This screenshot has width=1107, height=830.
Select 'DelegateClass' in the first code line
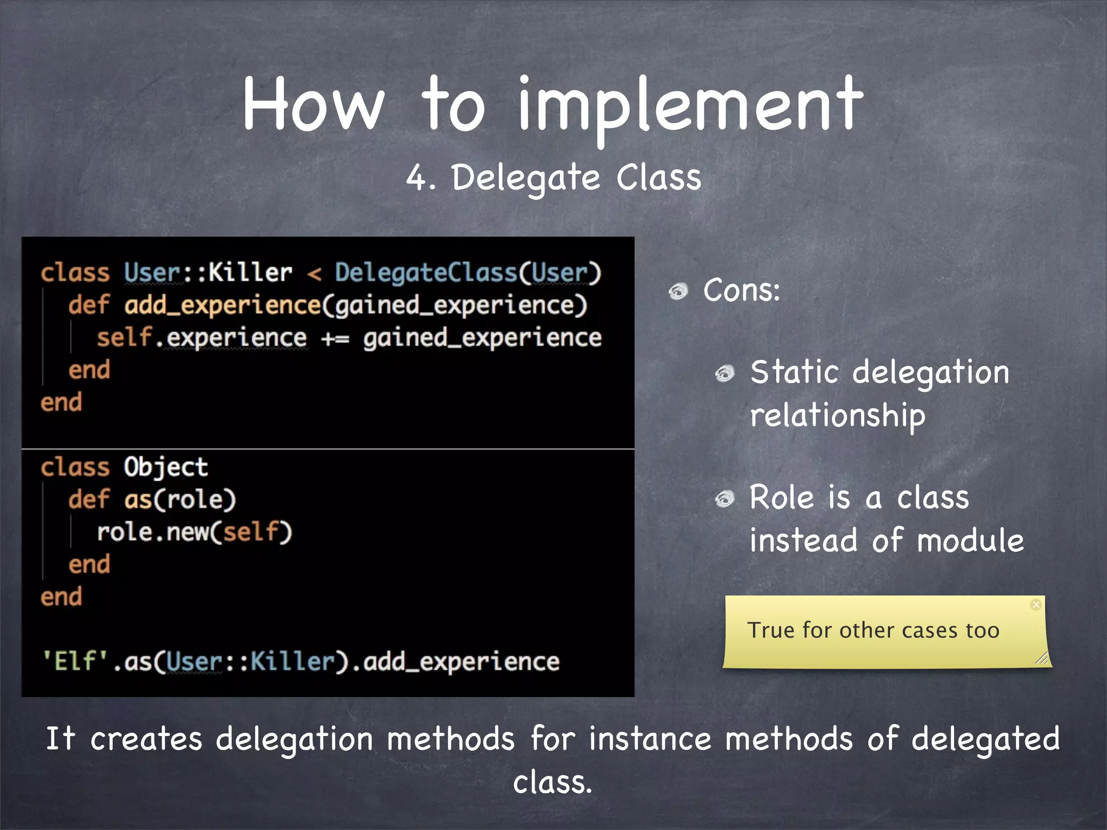pos(426,272)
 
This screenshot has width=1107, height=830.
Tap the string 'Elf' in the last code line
pos(75,661)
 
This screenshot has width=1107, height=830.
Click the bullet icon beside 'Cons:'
pos(678,292)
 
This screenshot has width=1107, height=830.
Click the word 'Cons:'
pos(741,290)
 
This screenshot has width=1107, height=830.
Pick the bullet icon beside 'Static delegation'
pos(724,373)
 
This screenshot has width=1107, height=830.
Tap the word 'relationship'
pos(837,416)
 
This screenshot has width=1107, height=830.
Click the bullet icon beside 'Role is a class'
pos(724,499)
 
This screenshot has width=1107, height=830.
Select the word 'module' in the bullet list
pos(970,541)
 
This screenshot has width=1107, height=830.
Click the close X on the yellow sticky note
pos(1036,605)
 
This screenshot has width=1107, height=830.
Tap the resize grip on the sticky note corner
pos(1042,658)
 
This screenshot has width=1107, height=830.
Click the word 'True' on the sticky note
pos(771,631)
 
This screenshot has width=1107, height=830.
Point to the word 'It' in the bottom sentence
pos(60,739)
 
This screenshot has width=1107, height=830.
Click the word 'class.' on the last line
pos(552,782)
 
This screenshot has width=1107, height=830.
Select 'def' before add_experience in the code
pos(89,305)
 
